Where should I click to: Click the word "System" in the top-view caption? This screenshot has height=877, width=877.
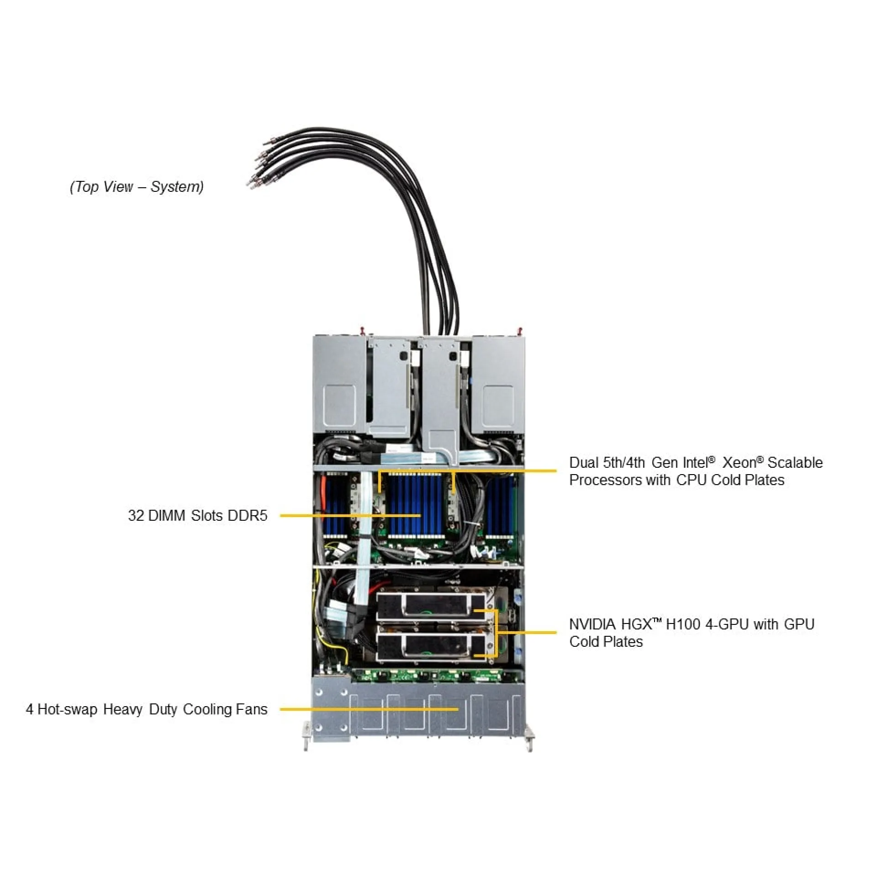pos(177,187)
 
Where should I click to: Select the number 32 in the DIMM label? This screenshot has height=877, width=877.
pos(136,516)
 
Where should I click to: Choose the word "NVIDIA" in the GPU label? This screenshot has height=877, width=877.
pos(592,624)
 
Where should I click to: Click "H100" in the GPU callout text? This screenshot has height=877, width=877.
pos(682,624)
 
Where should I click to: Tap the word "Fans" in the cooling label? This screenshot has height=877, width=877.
pos(252,709)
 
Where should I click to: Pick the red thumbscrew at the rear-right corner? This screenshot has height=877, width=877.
pos(519,330)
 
